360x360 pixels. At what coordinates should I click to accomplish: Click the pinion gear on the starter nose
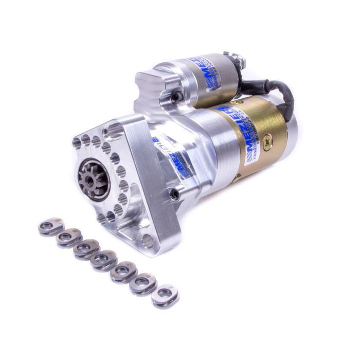coord(90,181)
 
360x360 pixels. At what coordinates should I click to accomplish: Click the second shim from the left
coord(68,238)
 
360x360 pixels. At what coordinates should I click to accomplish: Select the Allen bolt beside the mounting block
coord(175,194)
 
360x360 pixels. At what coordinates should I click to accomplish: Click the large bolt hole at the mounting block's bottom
coord(148,240)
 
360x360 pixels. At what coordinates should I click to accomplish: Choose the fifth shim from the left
coord(123,272)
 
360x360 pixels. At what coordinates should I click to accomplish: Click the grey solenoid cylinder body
coord(216,77)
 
